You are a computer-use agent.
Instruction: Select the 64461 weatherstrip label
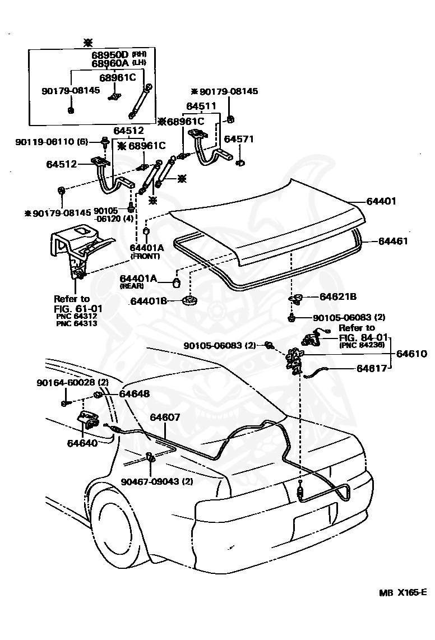[x=393, y=241]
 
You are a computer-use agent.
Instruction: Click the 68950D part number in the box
[x=110, y=55]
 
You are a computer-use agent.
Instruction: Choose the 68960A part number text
[x=110, y=63]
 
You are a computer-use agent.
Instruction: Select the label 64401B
[x=148, y=302]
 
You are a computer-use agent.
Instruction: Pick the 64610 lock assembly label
[x=412, y=354]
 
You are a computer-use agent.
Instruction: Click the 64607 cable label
[x=165, y=417]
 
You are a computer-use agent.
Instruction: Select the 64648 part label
[x=135, y=394]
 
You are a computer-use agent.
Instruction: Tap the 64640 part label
[x=82, y=443]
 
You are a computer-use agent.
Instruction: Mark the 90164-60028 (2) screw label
[x=72, y=382]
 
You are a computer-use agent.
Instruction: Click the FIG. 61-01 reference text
[x=79, y=309]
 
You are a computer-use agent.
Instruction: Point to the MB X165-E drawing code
[x=402, y=608]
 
